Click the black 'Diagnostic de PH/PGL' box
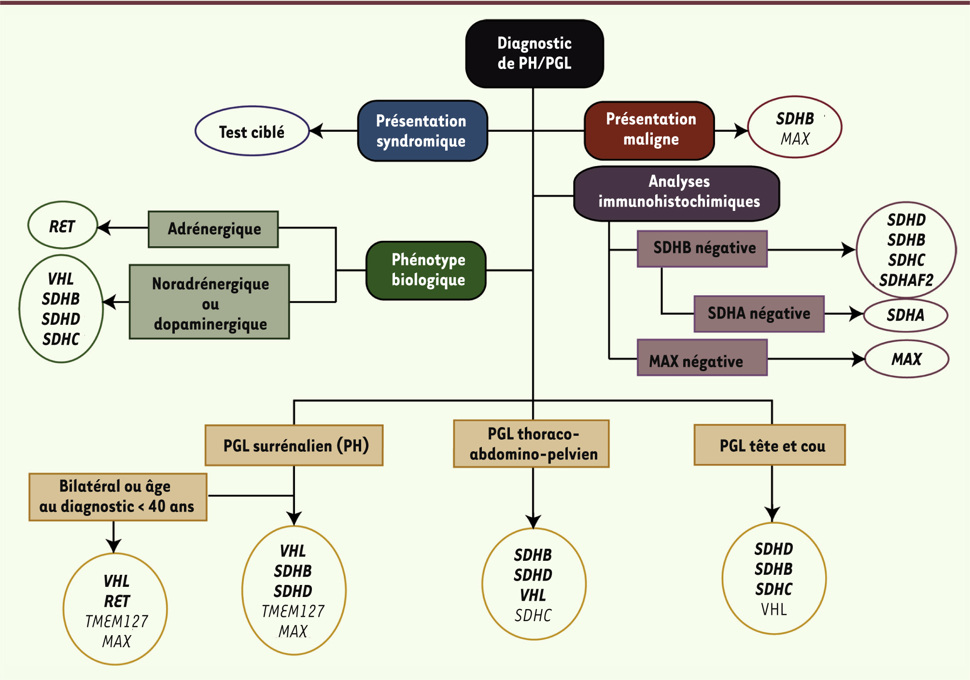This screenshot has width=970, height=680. (534, 54)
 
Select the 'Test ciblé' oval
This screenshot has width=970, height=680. (252, 131)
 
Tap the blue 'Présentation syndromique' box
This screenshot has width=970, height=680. (422, 131)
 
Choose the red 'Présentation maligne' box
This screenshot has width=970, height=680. (650, 130)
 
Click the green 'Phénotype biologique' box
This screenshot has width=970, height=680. (427, 270)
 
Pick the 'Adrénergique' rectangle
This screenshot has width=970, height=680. (213, 229)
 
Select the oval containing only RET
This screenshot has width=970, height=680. (62, 226)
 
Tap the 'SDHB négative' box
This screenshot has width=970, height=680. (703, 249)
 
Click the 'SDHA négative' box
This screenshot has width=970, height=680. (759, 314)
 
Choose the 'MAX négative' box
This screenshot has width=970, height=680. (703, 358)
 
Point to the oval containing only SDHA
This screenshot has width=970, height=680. (905, 316)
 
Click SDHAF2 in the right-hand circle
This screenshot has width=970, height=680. (906, 280)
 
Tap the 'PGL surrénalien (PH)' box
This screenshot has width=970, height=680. (294, 445)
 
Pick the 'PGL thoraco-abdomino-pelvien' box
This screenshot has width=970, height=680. (532, 444)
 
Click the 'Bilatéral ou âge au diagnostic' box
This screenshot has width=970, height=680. (118, 497)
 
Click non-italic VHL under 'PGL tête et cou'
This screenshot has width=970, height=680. (773, 610)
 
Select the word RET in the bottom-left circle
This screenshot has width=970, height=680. (117, 601)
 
